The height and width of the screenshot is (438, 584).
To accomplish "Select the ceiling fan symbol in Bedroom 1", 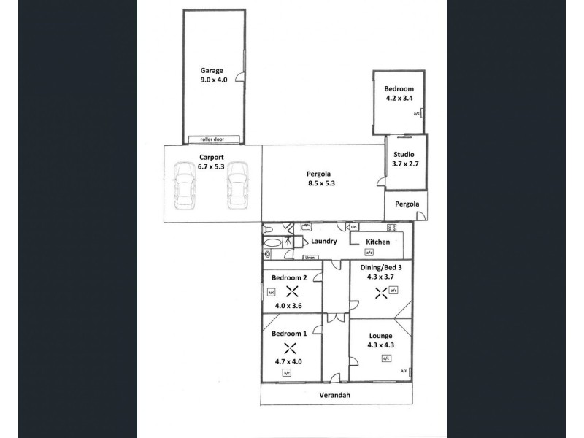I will [x=291, y=347].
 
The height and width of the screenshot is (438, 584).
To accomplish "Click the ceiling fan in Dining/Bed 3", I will [x=380, y=293].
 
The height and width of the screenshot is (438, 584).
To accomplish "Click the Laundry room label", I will [x=323, y=242].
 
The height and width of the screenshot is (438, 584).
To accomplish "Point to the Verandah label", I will [x=335, y=395].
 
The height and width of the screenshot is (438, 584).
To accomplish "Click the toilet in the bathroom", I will [x=268, y=254].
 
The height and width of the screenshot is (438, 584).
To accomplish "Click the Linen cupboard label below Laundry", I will [x=310, y=257].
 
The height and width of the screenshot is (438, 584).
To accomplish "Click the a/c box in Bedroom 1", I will [x=287, y=373].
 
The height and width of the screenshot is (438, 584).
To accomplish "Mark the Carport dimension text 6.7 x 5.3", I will [x=210, y=166].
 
